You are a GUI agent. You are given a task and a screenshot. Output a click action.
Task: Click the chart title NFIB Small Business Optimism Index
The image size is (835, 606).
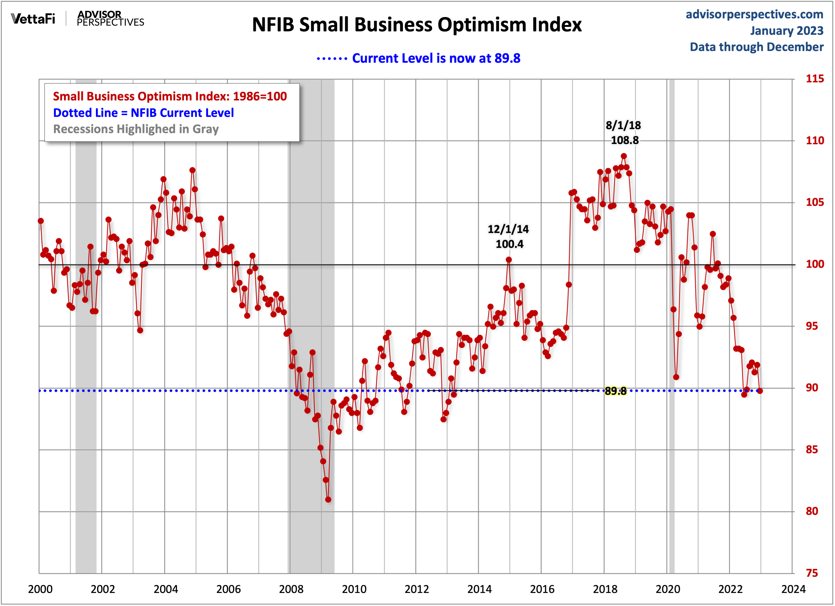416,25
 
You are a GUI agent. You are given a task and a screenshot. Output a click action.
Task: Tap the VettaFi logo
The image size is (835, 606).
33,18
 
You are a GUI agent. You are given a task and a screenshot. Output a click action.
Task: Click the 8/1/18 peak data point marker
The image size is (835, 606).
624,156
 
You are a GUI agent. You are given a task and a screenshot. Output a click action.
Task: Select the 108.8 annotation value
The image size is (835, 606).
624,140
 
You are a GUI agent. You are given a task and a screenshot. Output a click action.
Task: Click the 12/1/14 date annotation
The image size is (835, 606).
508,229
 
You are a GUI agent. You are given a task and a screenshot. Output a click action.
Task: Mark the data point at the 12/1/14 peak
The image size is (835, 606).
509,260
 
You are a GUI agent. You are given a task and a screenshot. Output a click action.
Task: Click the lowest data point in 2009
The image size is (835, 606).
328,500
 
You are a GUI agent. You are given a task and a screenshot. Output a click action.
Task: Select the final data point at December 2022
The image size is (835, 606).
760,391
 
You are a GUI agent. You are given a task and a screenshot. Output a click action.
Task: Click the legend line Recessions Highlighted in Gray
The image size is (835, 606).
136,129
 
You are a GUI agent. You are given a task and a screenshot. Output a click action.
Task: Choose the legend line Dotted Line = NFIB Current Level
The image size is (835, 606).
143,113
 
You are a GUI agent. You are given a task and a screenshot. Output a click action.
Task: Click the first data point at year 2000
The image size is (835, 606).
41,221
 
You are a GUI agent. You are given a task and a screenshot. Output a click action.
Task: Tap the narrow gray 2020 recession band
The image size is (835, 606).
672,331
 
